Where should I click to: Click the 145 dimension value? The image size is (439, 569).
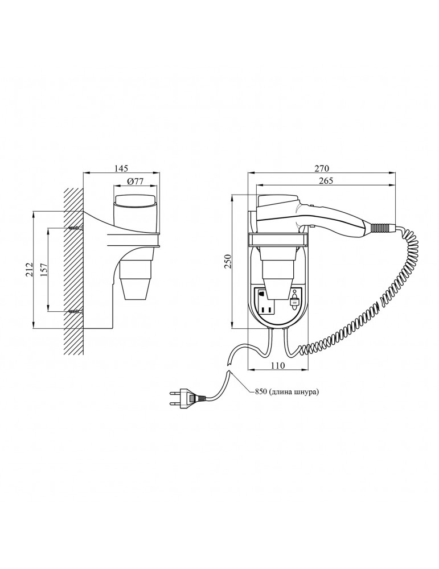tap(121, 168)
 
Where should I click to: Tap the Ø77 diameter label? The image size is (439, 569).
tap(136, 182)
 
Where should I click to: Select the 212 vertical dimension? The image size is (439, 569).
tap(30, 270)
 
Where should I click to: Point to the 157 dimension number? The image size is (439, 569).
tap(44, 270)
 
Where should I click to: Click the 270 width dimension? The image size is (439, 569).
tap(322, 168)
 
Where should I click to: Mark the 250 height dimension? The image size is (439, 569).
tap(228, 262)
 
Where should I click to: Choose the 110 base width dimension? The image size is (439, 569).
tap(278, 365)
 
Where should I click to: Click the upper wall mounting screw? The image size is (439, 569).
tap(76, 228)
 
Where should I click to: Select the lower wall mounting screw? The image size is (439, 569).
tap(76, 311)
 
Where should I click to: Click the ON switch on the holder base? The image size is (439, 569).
tap(294, 300)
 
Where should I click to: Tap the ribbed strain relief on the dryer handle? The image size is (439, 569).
tap(379, 228)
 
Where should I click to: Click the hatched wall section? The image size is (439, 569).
tap(74, 271)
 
